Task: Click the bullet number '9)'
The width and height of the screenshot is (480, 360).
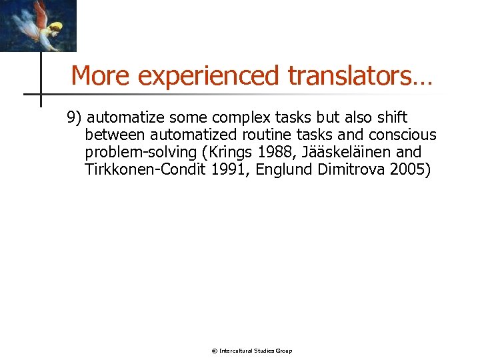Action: (73, 118)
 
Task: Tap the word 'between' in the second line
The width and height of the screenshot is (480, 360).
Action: (112, 135)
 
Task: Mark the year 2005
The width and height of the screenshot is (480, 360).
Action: (411, 170)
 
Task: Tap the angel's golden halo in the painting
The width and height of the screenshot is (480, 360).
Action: (55, 27)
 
